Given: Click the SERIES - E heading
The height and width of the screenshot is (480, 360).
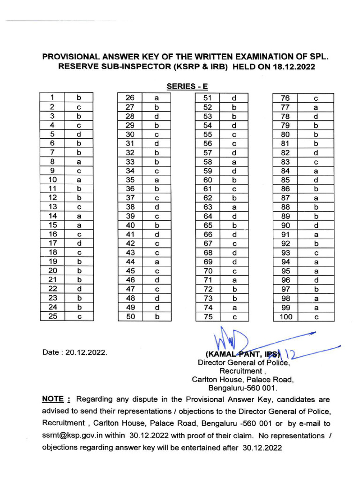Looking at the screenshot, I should (x=187, y=86).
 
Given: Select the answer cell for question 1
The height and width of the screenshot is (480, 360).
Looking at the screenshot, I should (x=79, y=98).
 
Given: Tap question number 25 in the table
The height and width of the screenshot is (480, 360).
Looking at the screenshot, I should (x=52, y=316).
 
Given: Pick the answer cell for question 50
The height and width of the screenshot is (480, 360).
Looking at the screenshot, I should (x=157, y=316).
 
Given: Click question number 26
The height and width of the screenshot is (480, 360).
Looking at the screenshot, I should (x=130, y=98).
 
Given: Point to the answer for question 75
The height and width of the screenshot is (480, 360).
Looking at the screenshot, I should (x=233, y=316).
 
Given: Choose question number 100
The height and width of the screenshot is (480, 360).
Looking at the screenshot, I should (x=285, y=316).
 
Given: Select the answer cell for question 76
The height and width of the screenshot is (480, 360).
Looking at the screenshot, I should (x=316, y=98).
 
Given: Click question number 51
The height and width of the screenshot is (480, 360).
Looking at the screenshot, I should (x=208, y=98).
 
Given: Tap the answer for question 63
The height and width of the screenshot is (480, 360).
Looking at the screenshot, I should (x=233, y=207).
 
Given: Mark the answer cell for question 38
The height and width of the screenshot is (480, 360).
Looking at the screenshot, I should (x=157, y=207).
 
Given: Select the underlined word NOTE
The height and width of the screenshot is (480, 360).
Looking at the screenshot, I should (x=53, y=399).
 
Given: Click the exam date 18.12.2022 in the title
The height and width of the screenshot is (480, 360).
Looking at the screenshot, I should (x=292, y=67).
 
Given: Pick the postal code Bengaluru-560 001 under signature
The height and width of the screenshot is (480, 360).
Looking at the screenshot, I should (x=242, y=388).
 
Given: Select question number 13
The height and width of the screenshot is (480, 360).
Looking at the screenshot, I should (x=52, y=207).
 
